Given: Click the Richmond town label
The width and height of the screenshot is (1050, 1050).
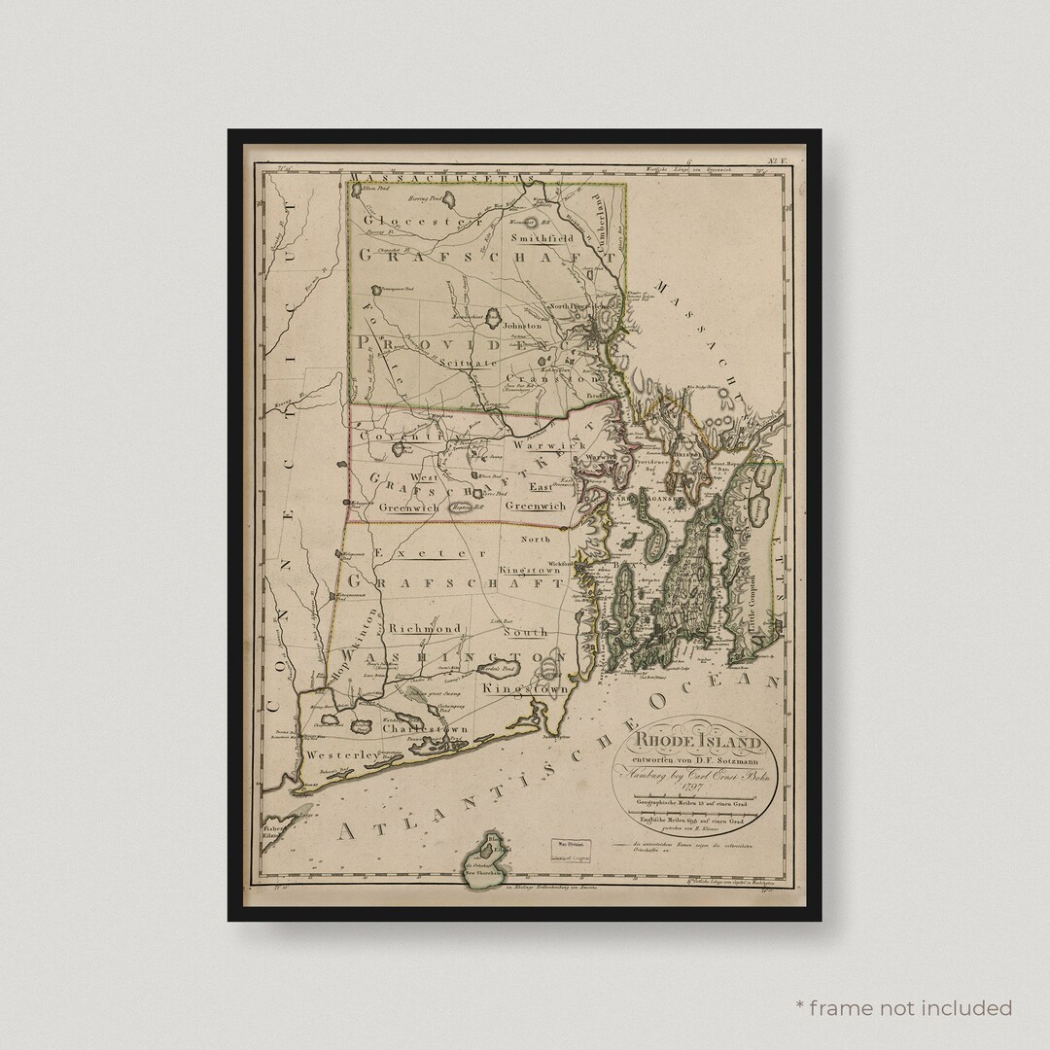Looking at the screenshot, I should point(425,629).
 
